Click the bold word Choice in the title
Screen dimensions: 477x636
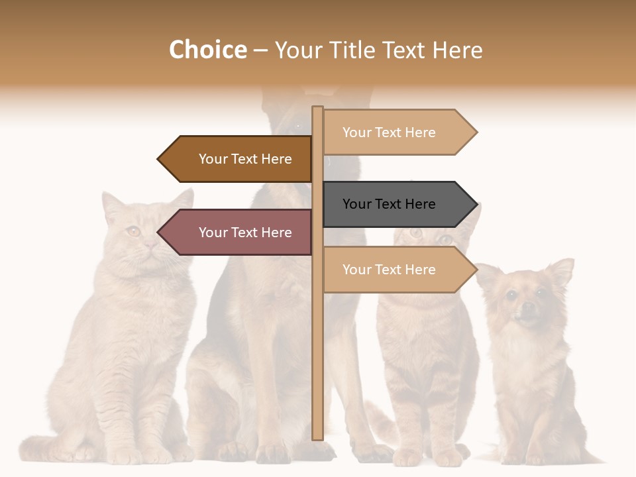click(207, 50)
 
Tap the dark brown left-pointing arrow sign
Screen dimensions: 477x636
click(238, 159)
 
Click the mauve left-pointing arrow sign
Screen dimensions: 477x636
click(238, 233)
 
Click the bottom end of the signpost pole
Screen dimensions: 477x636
click(317, 437)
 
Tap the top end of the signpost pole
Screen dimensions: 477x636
click(317, 109)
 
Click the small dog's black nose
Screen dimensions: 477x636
click(527, 307)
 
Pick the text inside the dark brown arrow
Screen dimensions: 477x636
click(245, 159)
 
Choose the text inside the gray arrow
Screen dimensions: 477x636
click(389, 204)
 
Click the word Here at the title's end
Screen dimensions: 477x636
click(457, 50)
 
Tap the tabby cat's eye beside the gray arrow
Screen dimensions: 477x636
click(416, 233)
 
